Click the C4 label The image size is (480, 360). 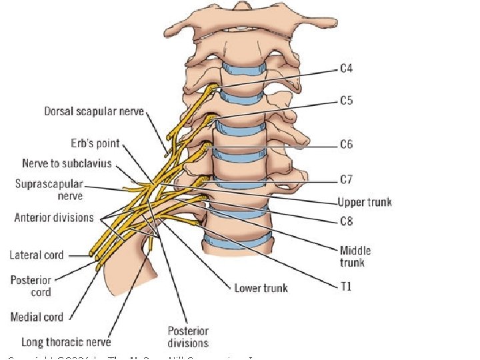(x=346, y=68)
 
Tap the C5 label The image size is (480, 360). (x=346, y=101)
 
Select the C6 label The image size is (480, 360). (x=346, y=144)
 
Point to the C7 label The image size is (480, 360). (x=346, y=179)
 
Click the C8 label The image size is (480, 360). (x=346, y=221)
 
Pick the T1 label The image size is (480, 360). (x=345, y=287)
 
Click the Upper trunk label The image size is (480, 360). (x=364, y=202)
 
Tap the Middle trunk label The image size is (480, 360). (x=355, y=257)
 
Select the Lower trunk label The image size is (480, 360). (x=261, y=288)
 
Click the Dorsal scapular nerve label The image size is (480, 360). (x=94, y=111)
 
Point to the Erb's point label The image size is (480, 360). (x=95, y=143)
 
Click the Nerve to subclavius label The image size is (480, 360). (x=67, y=163)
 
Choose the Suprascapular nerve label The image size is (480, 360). (x=49, y=189)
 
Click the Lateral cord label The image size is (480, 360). (x=36, y=255)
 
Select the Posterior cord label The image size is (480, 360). (x=31, y=286)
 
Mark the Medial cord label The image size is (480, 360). (x=37, y=317)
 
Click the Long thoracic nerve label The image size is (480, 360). (x=66, y=342)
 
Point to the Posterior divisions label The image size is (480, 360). (x=187, y=337)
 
